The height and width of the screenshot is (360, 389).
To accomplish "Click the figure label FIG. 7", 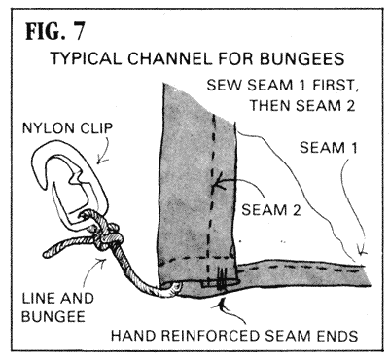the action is coord(55,31).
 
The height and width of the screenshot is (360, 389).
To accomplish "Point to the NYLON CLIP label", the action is coord(67,128).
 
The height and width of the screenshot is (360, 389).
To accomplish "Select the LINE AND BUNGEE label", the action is coord(57,307).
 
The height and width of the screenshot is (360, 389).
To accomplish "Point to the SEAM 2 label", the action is coord(271,210).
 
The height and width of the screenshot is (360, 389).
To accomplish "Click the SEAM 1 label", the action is coord(328,148).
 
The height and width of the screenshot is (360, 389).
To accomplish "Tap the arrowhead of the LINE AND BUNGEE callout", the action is coord(102,261).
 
